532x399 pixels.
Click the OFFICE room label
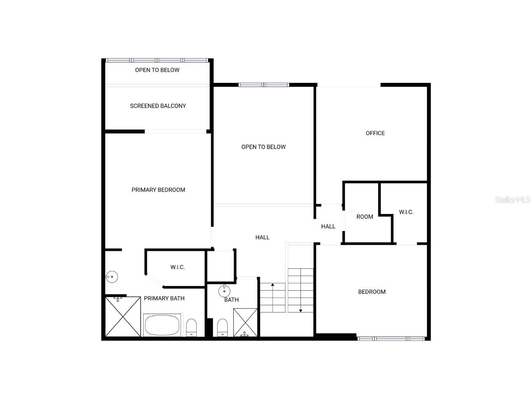pyautogui.click(x=375, y=133)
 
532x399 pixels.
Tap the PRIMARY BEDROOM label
pyautogui.click(x=158, y=190)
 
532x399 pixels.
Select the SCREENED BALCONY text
pyautogui.click(x=158, y=106)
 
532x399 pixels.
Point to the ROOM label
pyautogui.click(x=365, y=217)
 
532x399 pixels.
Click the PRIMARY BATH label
pyautogui.click(x=164, y=298)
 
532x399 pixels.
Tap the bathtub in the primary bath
pyautogui.click(x=162, y=325)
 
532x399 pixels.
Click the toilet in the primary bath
pyautogui.click(x=191, y=327)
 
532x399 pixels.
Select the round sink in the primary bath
pyautogui.click(x=112, y=277)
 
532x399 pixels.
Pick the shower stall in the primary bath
pyautogui.click(x=123, y=316)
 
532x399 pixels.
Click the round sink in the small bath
pyautogui.click(x=224, y=291)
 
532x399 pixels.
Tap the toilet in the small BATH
pyautogui.click(x=222, y=327)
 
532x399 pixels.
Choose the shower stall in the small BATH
pyautogui.click(x=245, y=322)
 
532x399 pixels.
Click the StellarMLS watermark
pyautogui.click(x=512, y=200)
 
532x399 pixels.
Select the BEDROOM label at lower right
pyautogui.click(x=372, y=292)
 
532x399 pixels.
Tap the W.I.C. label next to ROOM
pyautogui.click(x=406, y=212)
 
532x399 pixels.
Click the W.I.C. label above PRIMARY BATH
pyautogui.click(x=177, y=267)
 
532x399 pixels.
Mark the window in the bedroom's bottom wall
pyautogui.click(x=391, y=339)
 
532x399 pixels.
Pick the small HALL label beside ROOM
pyautogui.click(x=328, y=226)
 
